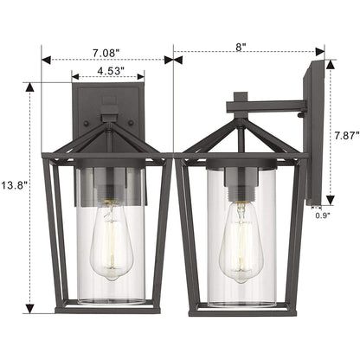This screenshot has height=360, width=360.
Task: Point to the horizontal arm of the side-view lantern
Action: coord(264,108)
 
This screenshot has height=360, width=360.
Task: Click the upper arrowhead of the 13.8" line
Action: coord(31,86)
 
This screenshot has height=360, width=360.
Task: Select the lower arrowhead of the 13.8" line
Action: coord(31,310)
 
